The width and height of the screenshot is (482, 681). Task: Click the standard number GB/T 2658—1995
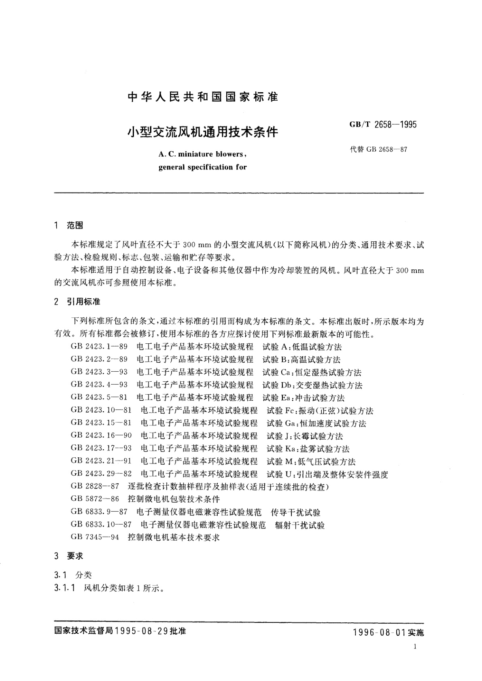(x=382, y=125)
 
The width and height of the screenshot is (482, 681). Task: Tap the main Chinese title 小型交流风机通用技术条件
(x=203, y=132)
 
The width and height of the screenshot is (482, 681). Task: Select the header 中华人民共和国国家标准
(x=203, y=97)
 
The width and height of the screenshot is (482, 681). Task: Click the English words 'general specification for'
(x=202, y=167)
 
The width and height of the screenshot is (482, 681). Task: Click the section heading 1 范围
(x=68, y=225)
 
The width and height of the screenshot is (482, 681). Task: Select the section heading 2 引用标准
(x=77, y=302)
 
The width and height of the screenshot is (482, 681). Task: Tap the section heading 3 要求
(x=68, y=556)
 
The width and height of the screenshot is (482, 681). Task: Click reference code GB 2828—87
(x=95, y=486)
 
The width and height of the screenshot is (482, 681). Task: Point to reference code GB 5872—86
(x=95, y=499)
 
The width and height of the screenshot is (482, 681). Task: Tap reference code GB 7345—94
(x=95, y=537)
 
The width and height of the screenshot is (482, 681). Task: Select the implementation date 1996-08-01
(x=379, y=632)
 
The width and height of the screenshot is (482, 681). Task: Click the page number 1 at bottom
(x=416, y=647)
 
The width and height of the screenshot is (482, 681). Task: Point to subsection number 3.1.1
(x=64, y=588)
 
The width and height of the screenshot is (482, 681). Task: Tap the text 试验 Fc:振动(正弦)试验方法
(x=320, y=411)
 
